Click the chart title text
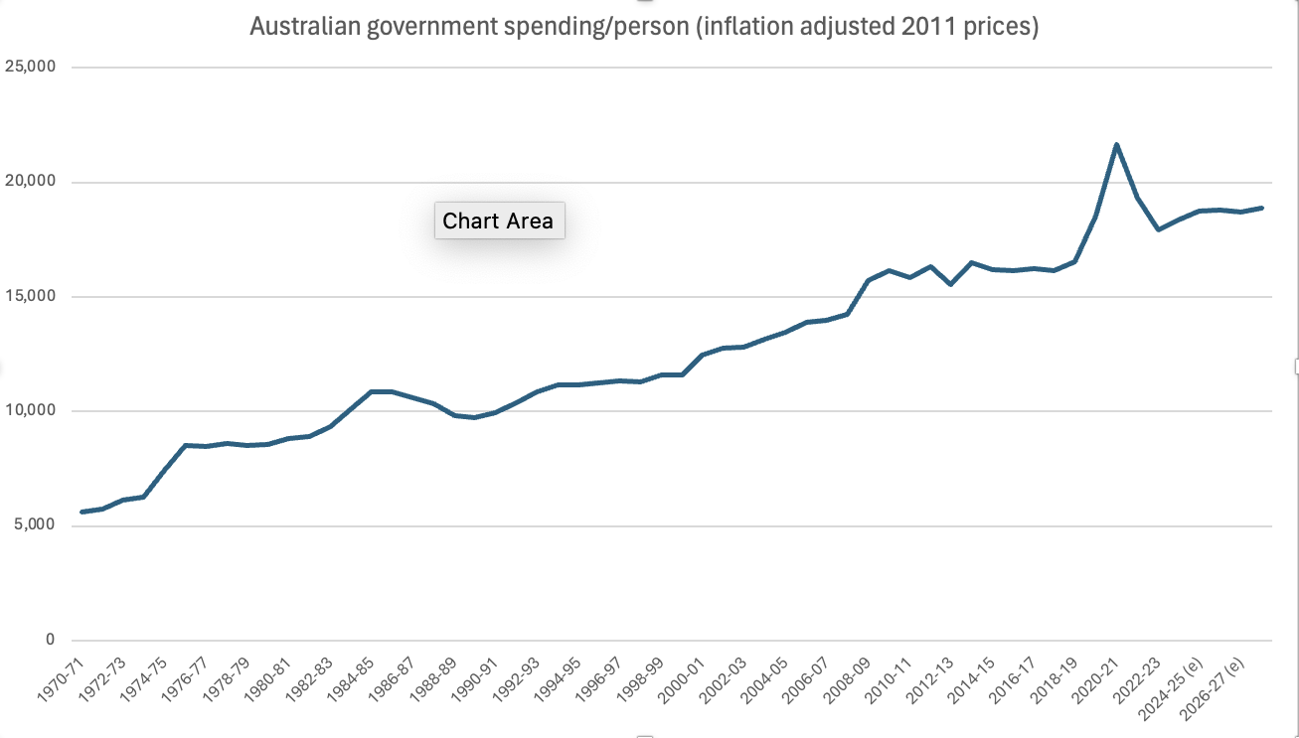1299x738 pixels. point(643,26)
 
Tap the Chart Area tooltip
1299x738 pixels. point(499,221)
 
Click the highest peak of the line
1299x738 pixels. point(1116,145)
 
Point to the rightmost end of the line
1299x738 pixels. point(1261,208)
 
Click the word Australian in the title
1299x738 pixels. point(303,26)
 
